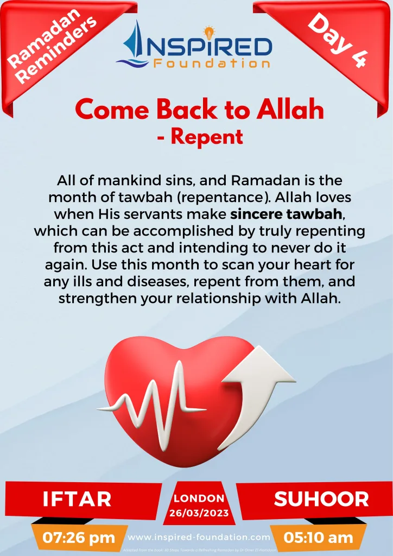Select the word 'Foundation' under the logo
pos(211,64)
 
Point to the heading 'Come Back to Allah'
pos(199,110)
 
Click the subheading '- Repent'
pos(199,137)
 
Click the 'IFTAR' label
pos(77,498)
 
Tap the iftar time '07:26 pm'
pos(79,538)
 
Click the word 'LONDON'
pos(198,498)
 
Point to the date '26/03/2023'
pos(198,513)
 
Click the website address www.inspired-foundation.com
pos(199,537)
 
